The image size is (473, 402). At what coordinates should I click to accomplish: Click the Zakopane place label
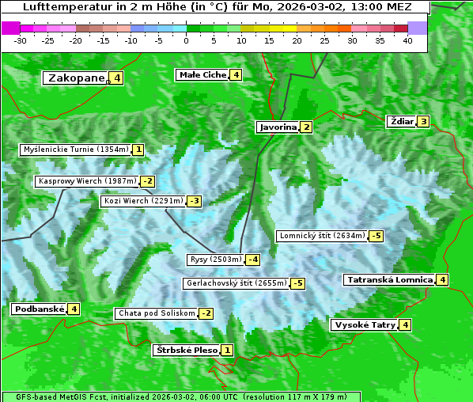tap(76, 78)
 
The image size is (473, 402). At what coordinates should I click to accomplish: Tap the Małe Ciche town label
tap(202, 74)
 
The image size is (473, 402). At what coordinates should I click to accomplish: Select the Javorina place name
tap(278, 127)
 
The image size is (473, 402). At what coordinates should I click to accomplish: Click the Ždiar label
tap(402, 121)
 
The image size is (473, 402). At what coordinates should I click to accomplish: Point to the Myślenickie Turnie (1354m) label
tap(75, 150)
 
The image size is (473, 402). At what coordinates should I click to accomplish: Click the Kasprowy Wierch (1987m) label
tap(87, 181)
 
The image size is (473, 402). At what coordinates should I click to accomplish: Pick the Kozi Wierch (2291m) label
tap(143, 201)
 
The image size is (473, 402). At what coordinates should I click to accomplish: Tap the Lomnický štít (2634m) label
tap(322, 236)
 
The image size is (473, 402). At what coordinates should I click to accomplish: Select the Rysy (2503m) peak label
tap(215, 260)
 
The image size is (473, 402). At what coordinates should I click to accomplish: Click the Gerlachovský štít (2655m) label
tap(236, 283)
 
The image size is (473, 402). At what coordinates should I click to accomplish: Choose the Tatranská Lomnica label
tap(389, 279)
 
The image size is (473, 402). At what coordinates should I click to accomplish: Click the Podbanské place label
tap(38, 309)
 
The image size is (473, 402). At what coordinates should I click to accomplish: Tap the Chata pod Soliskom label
tap(155, 313)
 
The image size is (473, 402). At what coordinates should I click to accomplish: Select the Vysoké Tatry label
tap(365, 324)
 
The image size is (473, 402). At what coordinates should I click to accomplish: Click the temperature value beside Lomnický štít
tap(377, 236)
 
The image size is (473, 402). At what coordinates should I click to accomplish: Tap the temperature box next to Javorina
tap(306, 127)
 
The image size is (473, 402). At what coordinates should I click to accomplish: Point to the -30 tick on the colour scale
tap(21, 40)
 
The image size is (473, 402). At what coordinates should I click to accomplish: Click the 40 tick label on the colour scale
tap(407, 40)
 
